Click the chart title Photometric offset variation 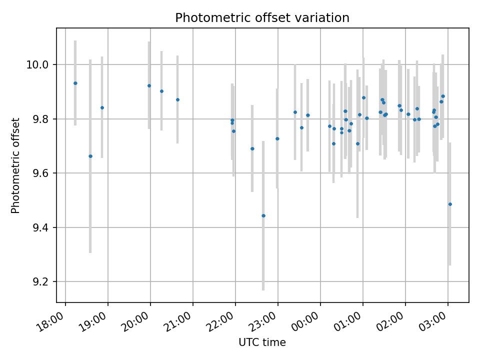[262, 18]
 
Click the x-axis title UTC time [262, 342]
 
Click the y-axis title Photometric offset [15, 165]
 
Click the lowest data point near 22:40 [263, 215]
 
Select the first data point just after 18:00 [75, 83]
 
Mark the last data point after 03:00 [450, 204]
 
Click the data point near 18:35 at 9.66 [90, 156]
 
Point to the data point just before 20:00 [149, 85]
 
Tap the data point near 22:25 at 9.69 [252, 148]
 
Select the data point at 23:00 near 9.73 [277, 138]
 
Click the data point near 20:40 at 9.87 [177, 99]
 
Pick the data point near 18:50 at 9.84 [102, 107]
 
